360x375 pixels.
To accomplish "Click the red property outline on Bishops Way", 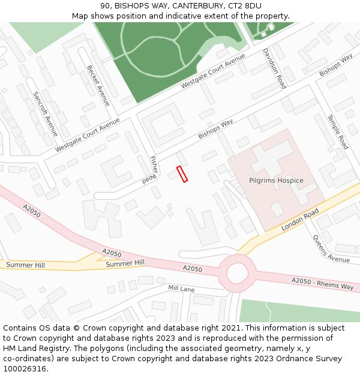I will [182, 174].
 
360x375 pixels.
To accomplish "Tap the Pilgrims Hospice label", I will [276, 181].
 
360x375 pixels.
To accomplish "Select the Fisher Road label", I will [150, 170].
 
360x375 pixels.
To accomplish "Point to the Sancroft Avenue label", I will [46, 114].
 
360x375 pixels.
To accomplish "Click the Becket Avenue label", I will [98, 86].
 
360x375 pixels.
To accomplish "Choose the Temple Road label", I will [337, 132].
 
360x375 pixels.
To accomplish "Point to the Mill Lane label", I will [181, 289].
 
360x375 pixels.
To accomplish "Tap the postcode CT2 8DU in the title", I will [244, 6].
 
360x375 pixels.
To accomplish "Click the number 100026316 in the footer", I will [26, 369].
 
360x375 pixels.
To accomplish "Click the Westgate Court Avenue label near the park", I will [214, 71].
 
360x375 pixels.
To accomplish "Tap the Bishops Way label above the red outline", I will [215, 129].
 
